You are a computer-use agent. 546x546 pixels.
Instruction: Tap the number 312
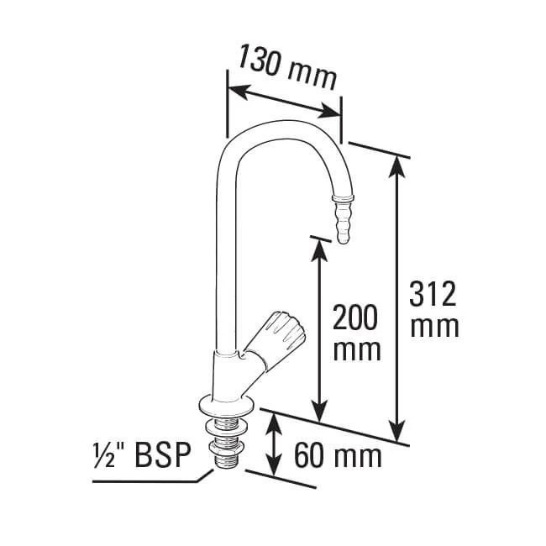(x=433, y=296)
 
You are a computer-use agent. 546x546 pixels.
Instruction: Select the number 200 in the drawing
(x=354, y=319)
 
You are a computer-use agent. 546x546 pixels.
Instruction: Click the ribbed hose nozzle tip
(x=342, y=219)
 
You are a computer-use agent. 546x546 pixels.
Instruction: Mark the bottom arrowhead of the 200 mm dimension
(x=318, y=414)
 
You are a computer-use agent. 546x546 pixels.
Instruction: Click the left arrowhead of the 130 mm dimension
(x=236, y=87)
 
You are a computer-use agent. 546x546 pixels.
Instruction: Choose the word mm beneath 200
(x=354, y=349)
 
